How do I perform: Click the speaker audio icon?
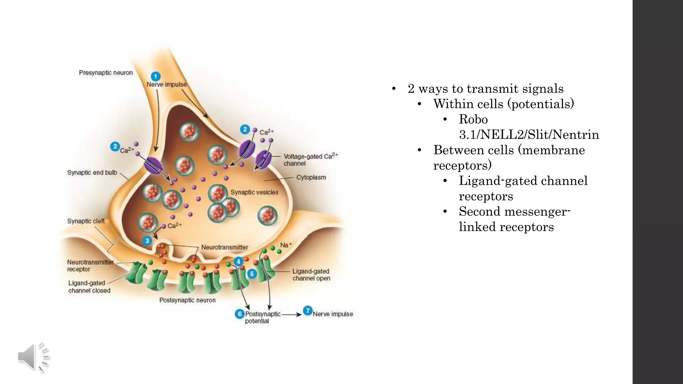pos(33,357)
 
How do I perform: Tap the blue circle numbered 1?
pos(155,76)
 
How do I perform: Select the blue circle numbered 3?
pos(147,241)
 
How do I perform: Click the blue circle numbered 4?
pos(238,262)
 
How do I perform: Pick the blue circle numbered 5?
pos(252,274)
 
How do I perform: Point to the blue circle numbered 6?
pos(239,314)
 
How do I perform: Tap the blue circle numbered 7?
pos(307,311)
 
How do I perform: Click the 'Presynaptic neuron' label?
pos(106,73)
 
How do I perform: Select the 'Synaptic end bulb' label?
pos(92,172)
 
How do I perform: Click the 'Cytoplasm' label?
pos(311,177)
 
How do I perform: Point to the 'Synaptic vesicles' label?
pos(254,192)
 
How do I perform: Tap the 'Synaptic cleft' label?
pos(86,221)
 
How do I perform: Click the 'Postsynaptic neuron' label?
pos(187,300)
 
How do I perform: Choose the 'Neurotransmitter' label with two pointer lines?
pos(224,247)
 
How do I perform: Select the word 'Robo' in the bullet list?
pos(473,119)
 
